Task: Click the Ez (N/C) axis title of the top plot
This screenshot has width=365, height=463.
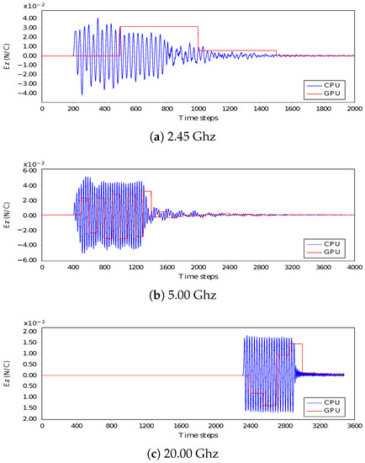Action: click(x=7, y=56)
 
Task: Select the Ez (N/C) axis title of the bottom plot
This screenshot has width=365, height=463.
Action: click(x=7, y=375)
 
